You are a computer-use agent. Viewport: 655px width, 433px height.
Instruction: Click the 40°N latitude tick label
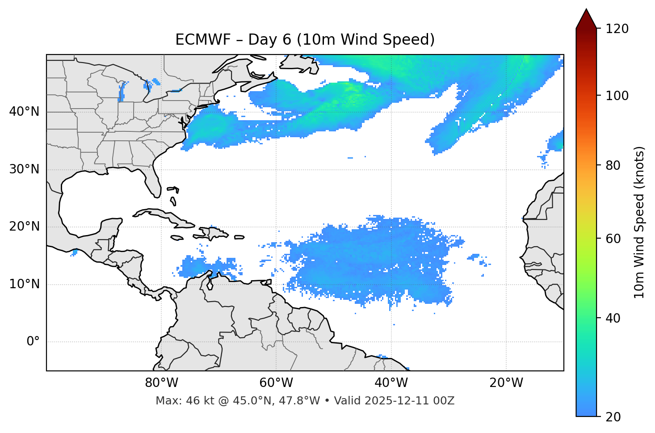click(x=24, y=112)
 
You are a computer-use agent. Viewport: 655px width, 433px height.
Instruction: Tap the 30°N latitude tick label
click(x=24, y=169)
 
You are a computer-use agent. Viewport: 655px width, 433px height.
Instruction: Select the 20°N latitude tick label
click(x=24, y=227)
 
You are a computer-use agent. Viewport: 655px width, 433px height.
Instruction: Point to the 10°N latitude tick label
click(x=24, y=284)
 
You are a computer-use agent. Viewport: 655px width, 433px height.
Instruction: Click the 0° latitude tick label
click(x=33, y=342)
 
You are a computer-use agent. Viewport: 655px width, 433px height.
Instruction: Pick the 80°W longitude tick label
click(x=161, y=383)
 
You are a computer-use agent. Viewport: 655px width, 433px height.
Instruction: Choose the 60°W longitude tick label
click(x=276, y=383)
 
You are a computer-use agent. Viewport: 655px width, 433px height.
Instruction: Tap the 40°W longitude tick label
click(x=391, y=383)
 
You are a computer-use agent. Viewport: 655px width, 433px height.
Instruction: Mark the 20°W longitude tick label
click(x=506, y=383)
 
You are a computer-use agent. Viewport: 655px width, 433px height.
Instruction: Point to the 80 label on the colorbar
click(x=613, y=165)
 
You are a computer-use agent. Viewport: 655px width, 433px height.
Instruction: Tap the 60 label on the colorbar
click(x=613, y=239)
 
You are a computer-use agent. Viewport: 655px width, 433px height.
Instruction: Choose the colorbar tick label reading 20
click(x=613, y=417)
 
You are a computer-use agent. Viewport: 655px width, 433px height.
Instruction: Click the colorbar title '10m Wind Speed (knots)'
click(x=639, y=223)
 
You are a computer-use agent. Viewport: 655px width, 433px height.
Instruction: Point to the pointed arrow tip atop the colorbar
click(x=586, y=10)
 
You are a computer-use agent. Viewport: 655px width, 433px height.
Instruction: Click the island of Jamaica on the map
click(x=177, y=238)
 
